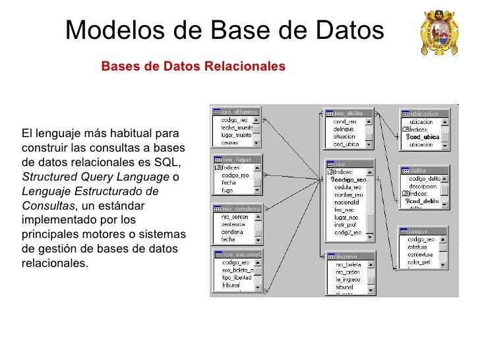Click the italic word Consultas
(x=48, y=206)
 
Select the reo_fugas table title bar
(x=236, y=159)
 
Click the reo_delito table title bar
(x=349, y=113)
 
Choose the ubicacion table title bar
(x=425, y=113)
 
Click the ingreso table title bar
(x=349, y=256)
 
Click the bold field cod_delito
(x=425, y=201)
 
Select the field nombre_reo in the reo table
(x=348, y=195)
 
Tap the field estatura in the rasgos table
(x=421, y=247)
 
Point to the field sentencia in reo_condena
(x=233, y=224)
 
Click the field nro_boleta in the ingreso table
(x=348, y=264)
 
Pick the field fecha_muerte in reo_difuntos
(x=235, y=127)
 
